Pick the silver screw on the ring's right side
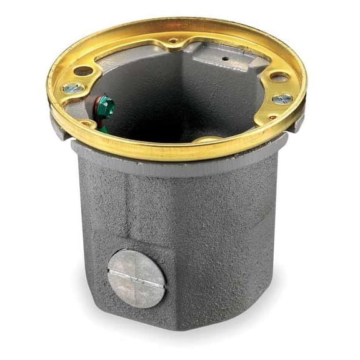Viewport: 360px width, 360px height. point(282,99)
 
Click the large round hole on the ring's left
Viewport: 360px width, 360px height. point(83,71)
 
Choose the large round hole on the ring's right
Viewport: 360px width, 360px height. point(279,77)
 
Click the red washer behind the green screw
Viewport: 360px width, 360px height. point(97,101)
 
